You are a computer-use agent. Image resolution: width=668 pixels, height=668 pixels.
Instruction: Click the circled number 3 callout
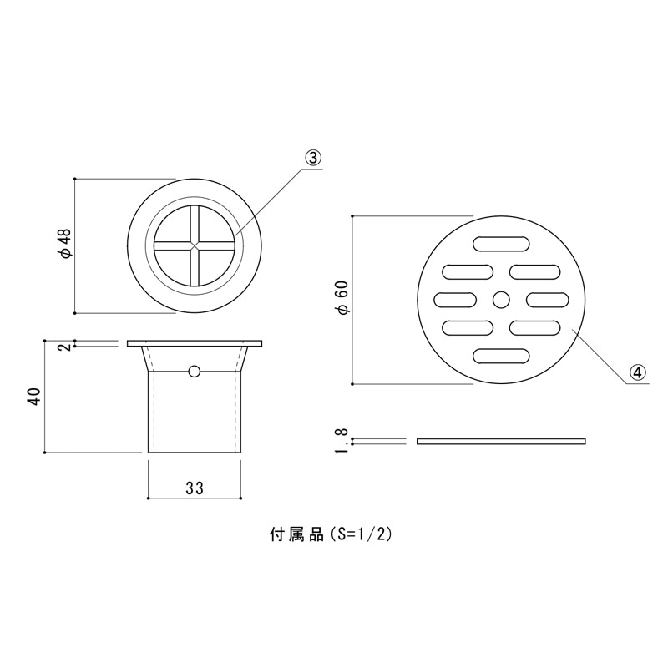[313, 159]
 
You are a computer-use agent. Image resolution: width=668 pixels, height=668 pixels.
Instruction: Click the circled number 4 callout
[637, 373]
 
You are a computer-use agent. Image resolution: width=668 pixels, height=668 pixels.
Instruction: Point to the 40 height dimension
[34, 397]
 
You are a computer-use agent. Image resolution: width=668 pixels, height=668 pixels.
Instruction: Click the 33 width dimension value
[195, 488]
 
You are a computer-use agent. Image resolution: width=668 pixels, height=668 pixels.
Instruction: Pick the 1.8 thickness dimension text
[342, 441]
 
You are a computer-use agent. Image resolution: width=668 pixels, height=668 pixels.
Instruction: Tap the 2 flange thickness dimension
[65, 347]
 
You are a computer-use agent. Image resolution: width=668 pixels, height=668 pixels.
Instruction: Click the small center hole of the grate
[501, 300]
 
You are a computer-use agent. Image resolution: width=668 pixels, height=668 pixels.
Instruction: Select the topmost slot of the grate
[501, 244]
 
